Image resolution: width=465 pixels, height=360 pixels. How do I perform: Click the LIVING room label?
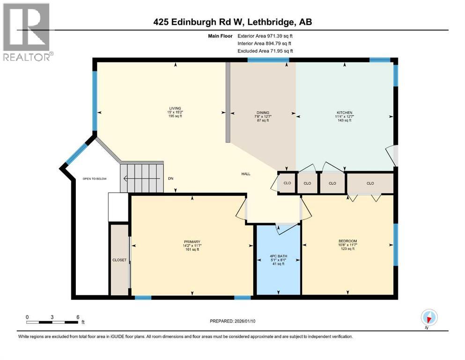point(176,108)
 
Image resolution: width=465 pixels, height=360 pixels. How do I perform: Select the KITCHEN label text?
point(343,112)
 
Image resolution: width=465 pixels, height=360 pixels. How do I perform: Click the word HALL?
point(245,174)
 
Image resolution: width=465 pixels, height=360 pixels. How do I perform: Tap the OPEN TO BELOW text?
point(94,179)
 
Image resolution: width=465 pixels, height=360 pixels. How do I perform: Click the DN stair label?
point(171,179)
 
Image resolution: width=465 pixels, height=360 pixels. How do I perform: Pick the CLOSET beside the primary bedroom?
point(119,260)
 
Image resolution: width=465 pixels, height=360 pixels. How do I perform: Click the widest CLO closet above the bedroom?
point(370,183)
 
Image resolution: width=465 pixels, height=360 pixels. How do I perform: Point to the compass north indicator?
point(429,318)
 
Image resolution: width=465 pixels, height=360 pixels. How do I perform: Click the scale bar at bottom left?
point(52,322)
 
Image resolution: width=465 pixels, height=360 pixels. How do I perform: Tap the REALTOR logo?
point(27,32)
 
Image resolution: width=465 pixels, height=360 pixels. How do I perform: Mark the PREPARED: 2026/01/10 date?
point(232,321)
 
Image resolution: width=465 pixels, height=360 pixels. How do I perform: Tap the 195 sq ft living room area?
point(176,116)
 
